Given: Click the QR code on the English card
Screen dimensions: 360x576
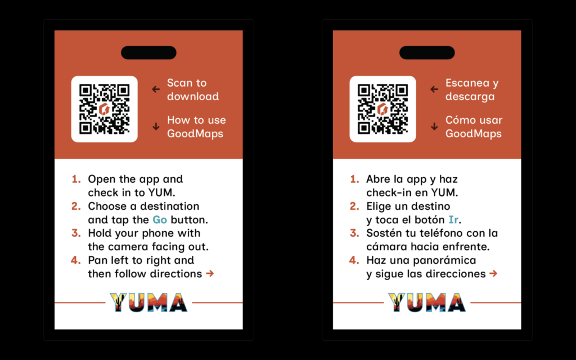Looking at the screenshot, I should [x=104, y=109].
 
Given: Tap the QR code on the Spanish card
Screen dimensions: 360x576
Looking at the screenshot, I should [x=382, y=109].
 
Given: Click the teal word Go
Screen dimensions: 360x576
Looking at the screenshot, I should [x=160, y=220].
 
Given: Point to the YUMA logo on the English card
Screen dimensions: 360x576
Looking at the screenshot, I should [x=148, y=303].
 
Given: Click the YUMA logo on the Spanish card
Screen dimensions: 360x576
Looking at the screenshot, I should [x=427, y=303].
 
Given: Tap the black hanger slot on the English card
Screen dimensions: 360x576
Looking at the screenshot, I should [x=148, y=53].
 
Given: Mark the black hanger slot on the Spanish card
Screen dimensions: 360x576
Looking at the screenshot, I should [x=427, y=53].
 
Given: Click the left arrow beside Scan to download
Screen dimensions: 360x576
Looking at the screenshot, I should [x=156, y=89].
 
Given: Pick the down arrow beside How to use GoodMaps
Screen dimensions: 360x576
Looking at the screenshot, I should [x=156, y=127].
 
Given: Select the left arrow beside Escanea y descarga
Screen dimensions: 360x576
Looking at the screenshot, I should [x=434, y=89].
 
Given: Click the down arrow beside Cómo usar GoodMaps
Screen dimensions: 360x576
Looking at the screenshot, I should [x=434, y=127].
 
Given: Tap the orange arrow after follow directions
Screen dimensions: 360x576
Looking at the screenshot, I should [x=210, y=274].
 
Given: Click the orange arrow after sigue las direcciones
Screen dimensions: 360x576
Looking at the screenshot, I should [x=493, y=274].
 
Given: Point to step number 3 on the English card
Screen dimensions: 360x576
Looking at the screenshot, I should [x=76, y=233].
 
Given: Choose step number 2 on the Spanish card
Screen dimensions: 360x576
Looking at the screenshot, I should [x=354, y=206].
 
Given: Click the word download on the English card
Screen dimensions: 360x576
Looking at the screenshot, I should [x=193, y=97].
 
